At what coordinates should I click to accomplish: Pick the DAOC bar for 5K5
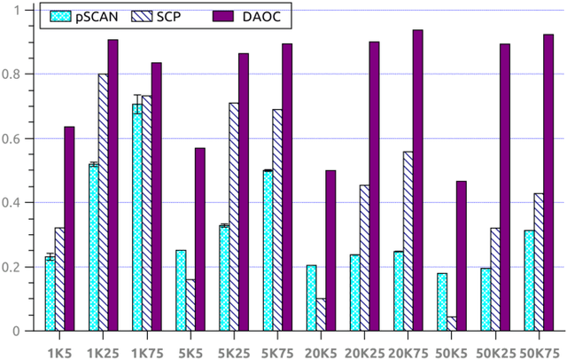click(x=200, y=239)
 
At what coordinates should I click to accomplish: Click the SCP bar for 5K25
click(x=234, y=217)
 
